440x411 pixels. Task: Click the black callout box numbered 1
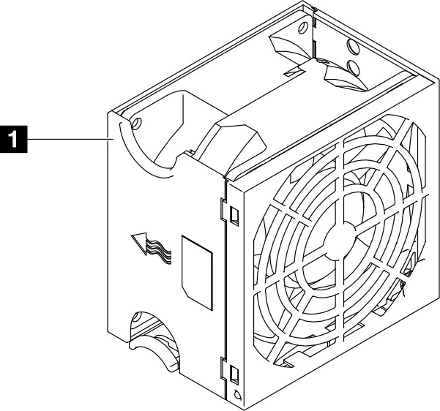click(14, 140)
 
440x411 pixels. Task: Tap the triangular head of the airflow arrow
click(139, 244)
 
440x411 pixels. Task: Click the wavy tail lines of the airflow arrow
click(159, 251)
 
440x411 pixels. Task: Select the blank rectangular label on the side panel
click(197, 272)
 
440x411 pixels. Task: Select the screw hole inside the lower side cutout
click(136, 317)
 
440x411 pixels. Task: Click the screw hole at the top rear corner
click(302, 28)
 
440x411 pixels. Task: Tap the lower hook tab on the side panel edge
click(223, 367)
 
